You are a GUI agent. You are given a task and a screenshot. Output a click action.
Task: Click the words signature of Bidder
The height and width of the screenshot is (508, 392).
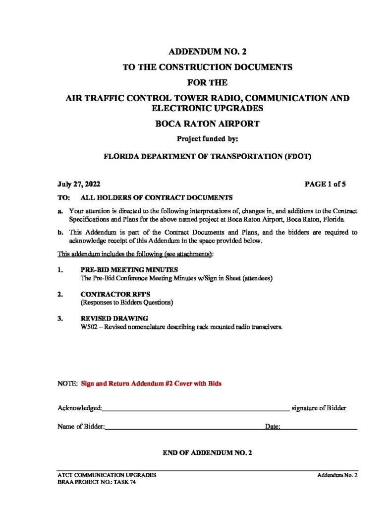(319, 408)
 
